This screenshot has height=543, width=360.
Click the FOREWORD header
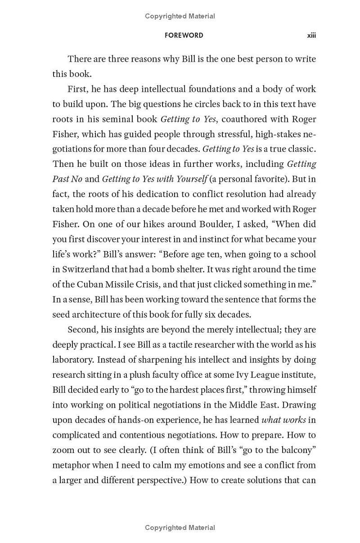[x=184, y=35]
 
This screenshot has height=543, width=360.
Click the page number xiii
[x=311, y=35]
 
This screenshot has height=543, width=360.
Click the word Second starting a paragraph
[x=81, y=330]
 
